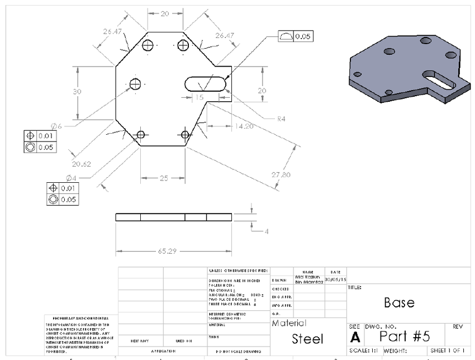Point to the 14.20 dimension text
244,127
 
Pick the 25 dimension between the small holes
163,178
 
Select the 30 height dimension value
78,92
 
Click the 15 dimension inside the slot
199,97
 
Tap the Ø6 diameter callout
56,126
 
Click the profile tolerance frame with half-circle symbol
295,36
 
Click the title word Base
399,302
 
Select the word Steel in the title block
307,339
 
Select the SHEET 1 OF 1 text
448,350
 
